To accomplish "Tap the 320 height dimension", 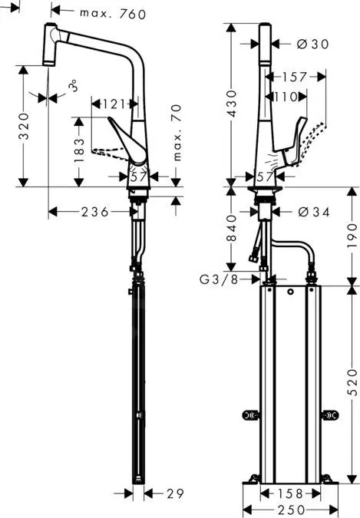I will [x=24, y=123].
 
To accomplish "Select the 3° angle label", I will [x=73, y=86].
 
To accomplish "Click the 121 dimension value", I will [x=114, y=103].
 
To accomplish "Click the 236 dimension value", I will [x=96, y=211].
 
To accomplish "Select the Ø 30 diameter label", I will [x=312, y=45].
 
